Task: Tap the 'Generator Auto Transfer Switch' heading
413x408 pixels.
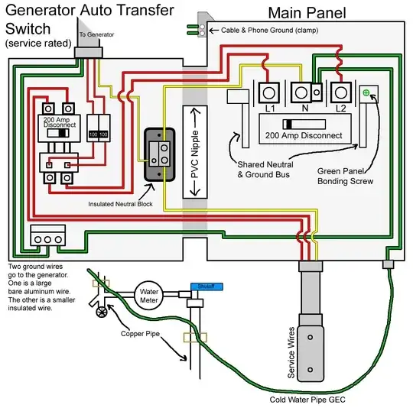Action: [86, 21]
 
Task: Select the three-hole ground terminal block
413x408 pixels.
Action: [45, 238]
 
